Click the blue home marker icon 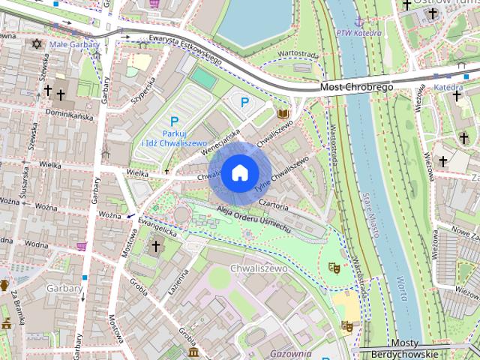pos(238,172)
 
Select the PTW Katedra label pos(354,33)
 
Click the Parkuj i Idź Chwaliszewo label pos(174,137)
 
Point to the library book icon pos(283,114)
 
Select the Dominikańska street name pos(69,117)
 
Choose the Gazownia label pos(292,353)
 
